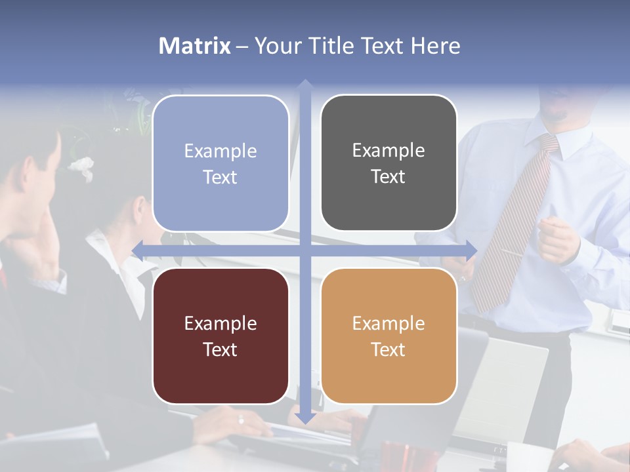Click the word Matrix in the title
pos(194,46)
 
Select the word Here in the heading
pos(435,46)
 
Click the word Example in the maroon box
pos(220,323)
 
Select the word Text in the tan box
pos(388,349)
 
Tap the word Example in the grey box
pos(388,150)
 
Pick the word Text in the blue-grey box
pos(220,178)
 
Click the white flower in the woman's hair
pos(83,167)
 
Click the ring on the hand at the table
pos(241,420)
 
